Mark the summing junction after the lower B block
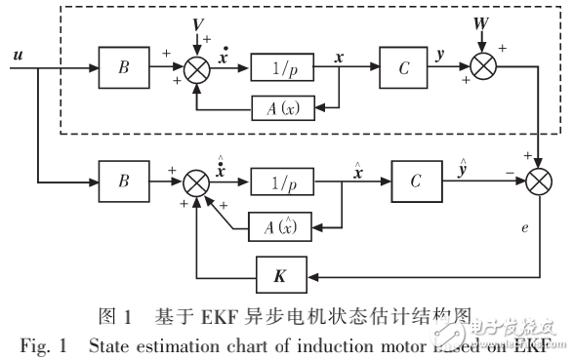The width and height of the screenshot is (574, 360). point(199,181)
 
